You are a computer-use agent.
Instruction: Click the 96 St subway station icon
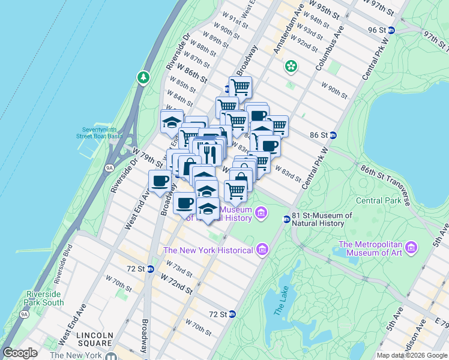point(391,30)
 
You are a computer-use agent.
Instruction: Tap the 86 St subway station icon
point(333,135)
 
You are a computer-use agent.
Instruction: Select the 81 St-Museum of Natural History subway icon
point(287,219)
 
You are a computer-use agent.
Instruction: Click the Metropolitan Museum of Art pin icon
point(411,247)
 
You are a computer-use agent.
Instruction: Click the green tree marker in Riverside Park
point(143,77)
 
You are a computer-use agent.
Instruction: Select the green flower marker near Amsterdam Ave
point(291,65)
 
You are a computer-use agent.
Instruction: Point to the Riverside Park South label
point(46,298)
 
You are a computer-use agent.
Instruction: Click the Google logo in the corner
point(20,353)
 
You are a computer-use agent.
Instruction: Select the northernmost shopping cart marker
point(240,87)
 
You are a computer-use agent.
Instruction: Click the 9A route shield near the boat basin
point(109,169)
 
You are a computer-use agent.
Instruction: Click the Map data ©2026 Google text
point(411,355)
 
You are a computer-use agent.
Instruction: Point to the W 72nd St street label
point(175,283)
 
